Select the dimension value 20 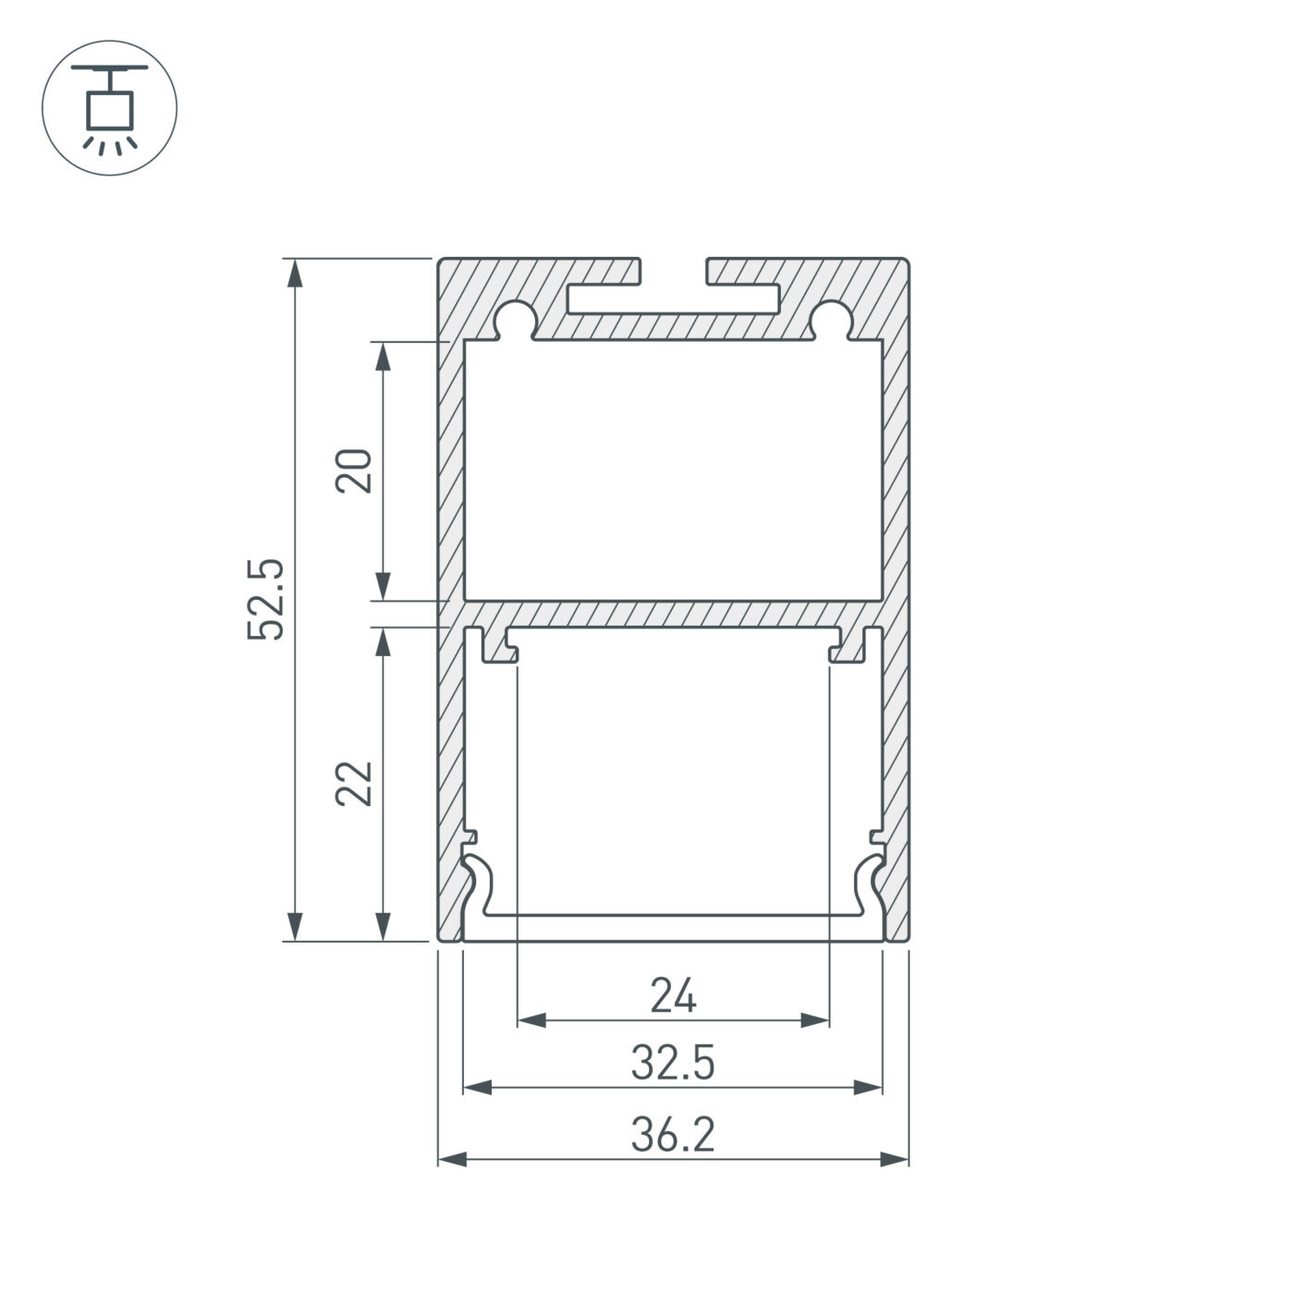click(354, 470)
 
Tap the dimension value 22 click(354, 784)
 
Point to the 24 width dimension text click(673, 996)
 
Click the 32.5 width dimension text click(673, 1064)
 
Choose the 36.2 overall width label click(673, 1135)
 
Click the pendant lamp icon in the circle click(109, 107)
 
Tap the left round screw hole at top click(515, 319)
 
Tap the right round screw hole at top click(831, 319)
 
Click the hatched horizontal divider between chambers click(673, 614)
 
